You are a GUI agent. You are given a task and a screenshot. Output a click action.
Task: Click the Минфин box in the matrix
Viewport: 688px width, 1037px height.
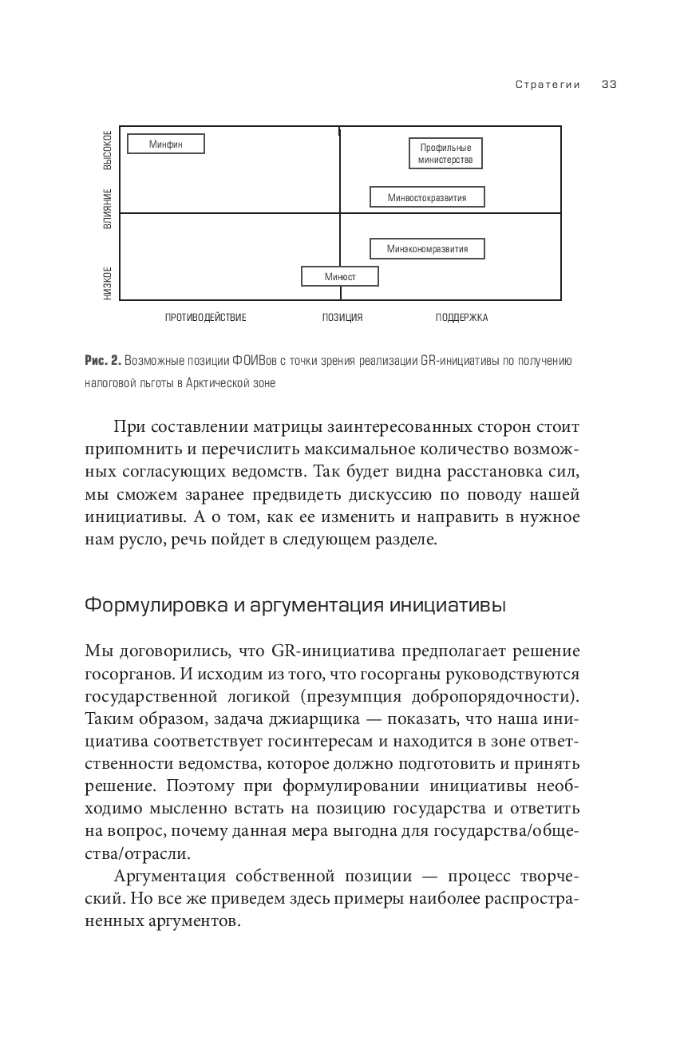(x=166, y=144)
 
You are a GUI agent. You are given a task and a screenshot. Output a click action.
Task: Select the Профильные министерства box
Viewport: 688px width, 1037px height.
(x=445, y=153)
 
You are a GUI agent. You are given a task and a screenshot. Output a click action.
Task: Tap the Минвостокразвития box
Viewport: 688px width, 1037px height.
(x=427, y=196)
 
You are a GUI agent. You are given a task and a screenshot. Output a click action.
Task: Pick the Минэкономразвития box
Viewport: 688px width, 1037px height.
(x=427, y=249)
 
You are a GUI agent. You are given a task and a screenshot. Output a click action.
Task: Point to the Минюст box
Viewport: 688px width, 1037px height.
(x=339, y=276)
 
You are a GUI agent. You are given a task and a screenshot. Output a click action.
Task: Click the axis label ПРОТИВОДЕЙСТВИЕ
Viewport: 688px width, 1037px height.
(x=205, y=318)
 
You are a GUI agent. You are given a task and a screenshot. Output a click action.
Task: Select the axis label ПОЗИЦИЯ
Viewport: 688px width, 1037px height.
(x=342, y=318)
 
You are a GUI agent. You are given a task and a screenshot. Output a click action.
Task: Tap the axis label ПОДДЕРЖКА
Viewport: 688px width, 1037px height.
(x=461, y=318)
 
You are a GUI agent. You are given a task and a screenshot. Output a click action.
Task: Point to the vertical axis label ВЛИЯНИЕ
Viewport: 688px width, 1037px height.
(x=108, y=209)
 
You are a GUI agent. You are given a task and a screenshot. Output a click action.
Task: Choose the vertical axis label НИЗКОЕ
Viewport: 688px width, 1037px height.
(x=108, y=283)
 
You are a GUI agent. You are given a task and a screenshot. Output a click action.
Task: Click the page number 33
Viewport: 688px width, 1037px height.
(x=610, y=85)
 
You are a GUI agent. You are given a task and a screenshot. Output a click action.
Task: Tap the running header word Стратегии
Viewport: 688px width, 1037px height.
(x=548, y=85)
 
